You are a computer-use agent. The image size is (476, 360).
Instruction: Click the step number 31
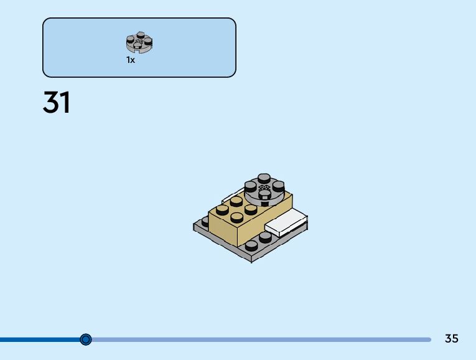click(x=57, y=103)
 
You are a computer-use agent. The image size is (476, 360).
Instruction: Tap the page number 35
click(x=452, y=338)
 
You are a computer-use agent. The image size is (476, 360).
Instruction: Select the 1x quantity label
click(x=131, y=60)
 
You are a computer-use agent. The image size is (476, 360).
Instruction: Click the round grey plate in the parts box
click(x=139, y=43)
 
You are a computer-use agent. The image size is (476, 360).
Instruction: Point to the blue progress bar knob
click(x=86, y=339)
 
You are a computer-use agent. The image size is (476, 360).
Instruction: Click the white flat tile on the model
click(x=286, y=222)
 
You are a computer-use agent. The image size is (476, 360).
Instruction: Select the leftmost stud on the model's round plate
click(x=251, y=185)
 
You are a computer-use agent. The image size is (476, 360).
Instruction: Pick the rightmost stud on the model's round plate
click(x=279, y=185)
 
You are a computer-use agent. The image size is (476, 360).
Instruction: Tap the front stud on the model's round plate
click(x=264, y=193)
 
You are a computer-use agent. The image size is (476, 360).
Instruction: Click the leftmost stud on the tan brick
click(x=222, y=210)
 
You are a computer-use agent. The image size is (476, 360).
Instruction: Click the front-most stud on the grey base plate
click(x=251, y=245)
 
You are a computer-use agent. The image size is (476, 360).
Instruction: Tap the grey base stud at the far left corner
click(x=206, y=220)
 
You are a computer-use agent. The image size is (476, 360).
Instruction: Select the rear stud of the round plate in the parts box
click(x=139, y=36)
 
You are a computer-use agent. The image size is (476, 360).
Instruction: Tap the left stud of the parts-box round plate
click(x=131, y=39)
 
